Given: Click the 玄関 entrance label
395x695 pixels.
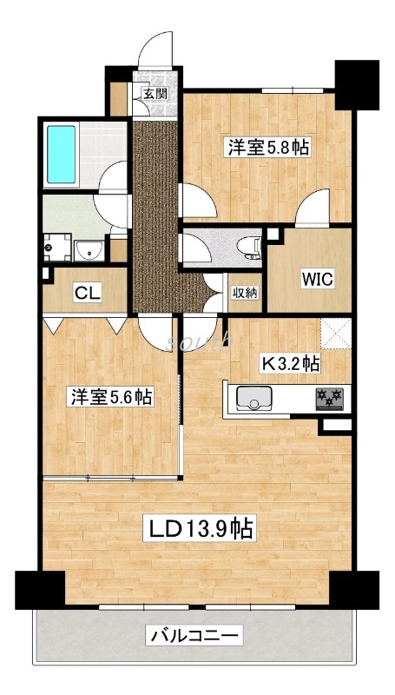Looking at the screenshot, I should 155,94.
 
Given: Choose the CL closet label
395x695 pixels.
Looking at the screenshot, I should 85,293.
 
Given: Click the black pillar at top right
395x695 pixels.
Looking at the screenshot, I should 357,83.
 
